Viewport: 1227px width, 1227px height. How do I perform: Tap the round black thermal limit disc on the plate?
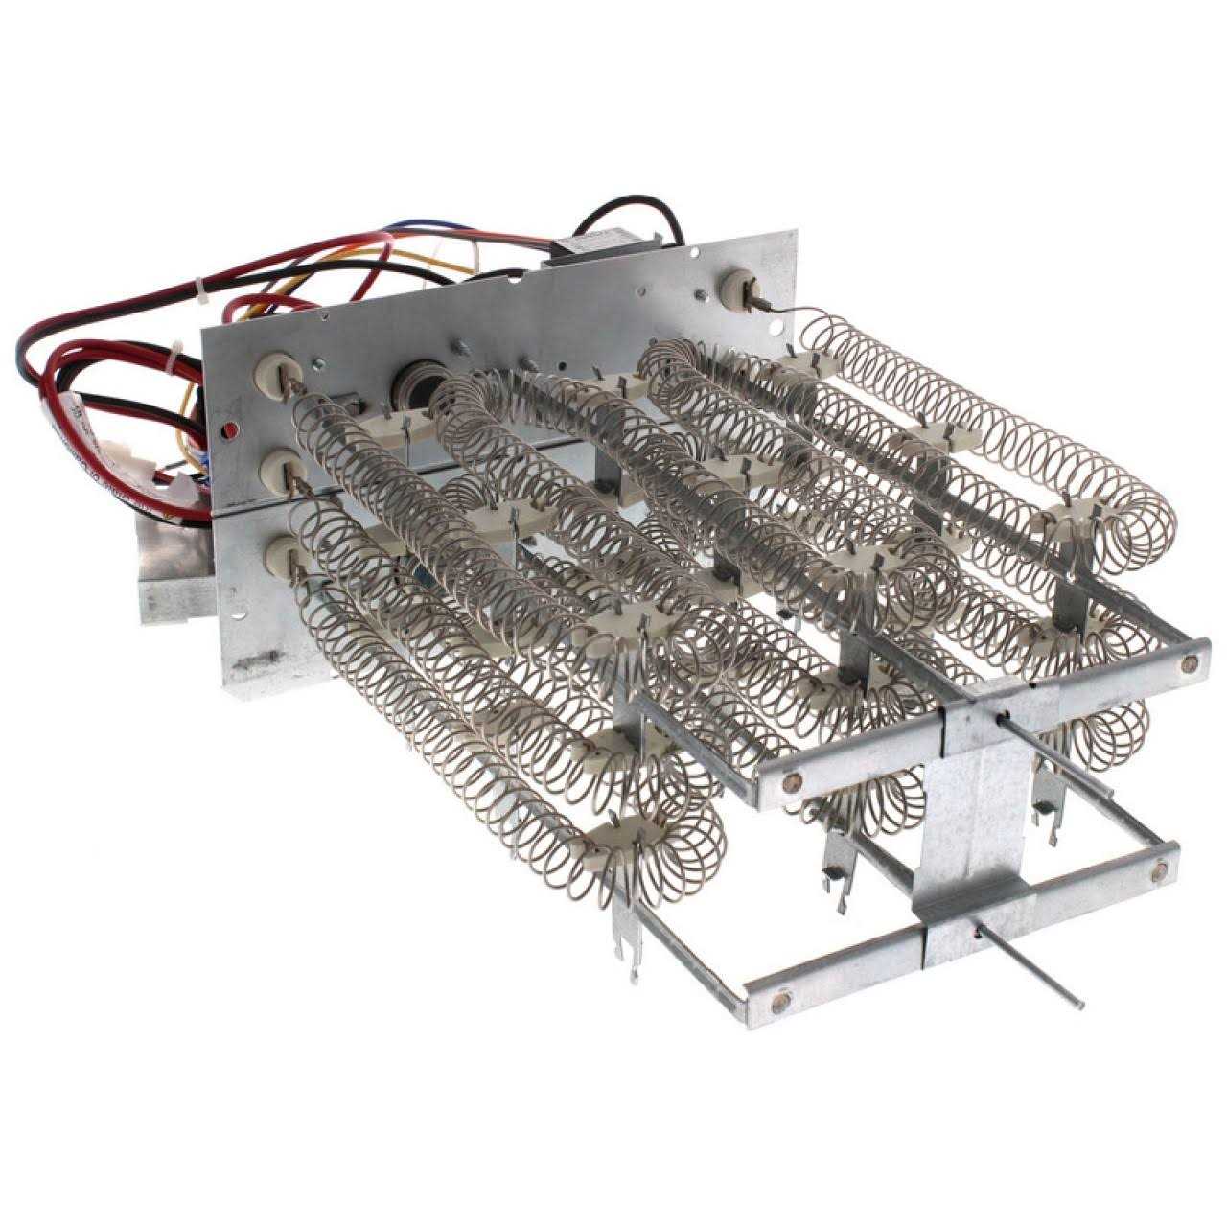(x=412, y=378)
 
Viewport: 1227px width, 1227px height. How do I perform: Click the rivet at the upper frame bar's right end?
(x=1190, y=660)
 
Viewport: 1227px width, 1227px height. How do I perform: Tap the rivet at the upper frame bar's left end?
(x=792, y=781)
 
